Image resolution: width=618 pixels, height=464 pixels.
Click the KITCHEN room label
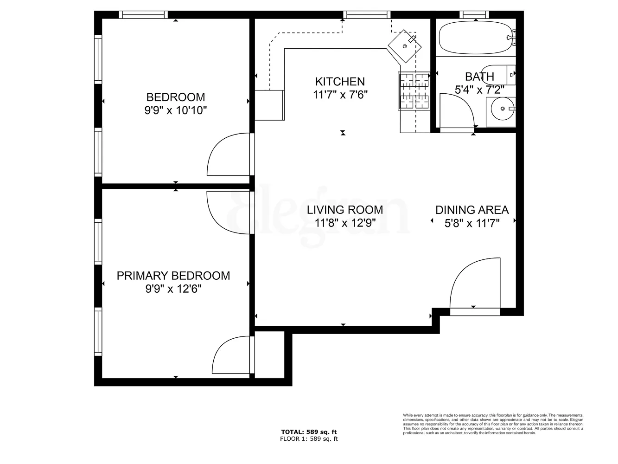point(340,82)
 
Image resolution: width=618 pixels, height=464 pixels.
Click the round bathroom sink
point(502,109)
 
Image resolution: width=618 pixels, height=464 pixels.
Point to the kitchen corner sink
point(405,45)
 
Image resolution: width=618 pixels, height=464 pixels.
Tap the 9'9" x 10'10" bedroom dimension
point(175,110)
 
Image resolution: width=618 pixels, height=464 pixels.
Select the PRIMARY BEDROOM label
point(173,276)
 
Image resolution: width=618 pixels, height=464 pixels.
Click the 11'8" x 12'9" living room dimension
point(344,223)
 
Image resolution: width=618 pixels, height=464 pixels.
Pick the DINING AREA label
point(472,210)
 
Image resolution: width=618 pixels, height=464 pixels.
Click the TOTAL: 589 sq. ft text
point(309,432)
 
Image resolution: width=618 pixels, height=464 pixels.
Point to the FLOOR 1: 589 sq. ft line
point(309,438)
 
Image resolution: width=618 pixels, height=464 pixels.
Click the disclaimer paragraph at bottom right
point(493,424)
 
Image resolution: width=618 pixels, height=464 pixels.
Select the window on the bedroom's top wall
point(143,15)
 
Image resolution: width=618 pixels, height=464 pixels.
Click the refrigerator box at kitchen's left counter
point(269,105)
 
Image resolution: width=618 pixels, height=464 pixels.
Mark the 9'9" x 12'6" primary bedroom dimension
point(173,289)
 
